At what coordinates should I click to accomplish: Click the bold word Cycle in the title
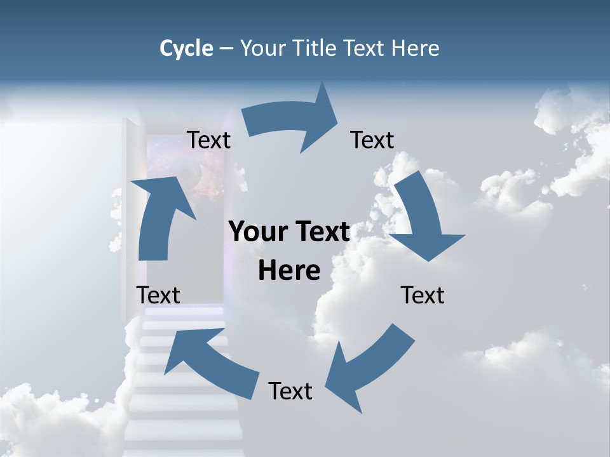pyautogui.click(x=186, y=48)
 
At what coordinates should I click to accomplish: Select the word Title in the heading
pyautogui.click(x=317, y=48)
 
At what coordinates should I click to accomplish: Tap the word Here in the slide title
pyautogui.click(x=414, y=48)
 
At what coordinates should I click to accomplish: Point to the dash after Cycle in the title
pyautogui.click(x=226, y=49)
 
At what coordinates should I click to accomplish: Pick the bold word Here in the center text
pyautogui.click(x=289, y=270)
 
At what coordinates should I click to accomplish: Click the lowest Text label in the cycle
pyautogui.click(x=290, y=391)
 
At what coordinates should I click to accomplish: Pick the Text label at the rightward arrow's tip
pyautogui.click(x=372, y=140)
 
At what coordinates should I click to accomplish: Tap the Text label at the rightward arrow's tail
pyautogui.click(x=209, y=140)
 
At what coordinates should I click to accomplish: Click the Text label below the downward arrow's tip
pyautogui.click(x=423, y=295)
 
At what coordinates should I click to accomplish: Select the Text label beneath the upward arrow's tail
pyautogui.click(x=158, y=295)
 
